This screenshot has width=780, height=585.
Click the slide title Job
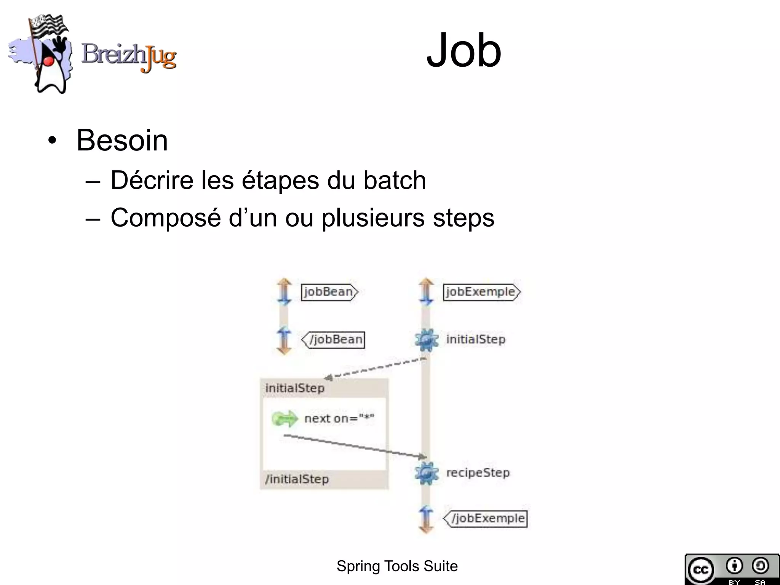click(464, 51)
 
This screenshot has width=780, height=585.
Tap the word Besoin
click(122, 140)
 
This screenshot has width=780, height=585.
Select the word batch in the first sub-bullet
click(395, 180)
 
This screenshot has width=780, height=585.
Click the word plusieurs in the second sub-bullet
click(373, 218)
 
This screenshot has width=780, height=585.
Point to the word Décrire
click(152, 180)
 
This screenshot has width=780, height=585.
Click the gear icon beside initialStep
click(426, 340)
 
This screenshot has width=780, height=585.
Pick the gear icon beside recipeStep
click(426, 473)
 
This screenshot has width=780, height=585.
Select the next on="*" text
click(339, 419)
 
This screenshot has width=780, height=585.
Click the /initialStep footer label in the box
click(297, 479)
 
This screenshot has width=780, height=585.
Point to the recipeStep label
click(478, 473)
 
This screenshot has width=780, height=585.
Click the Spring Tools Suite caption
click(397, 566)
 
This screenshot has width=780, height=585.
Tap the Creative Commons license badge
click(732, 569)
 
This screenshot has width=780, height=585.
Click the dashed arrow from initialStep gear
click(375, 368)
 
